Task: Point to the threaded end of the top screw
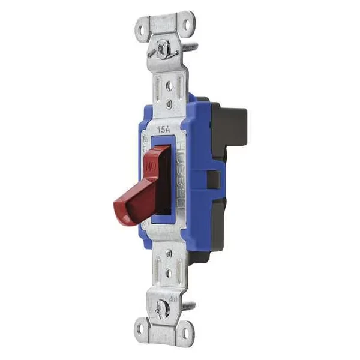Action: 190,44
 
